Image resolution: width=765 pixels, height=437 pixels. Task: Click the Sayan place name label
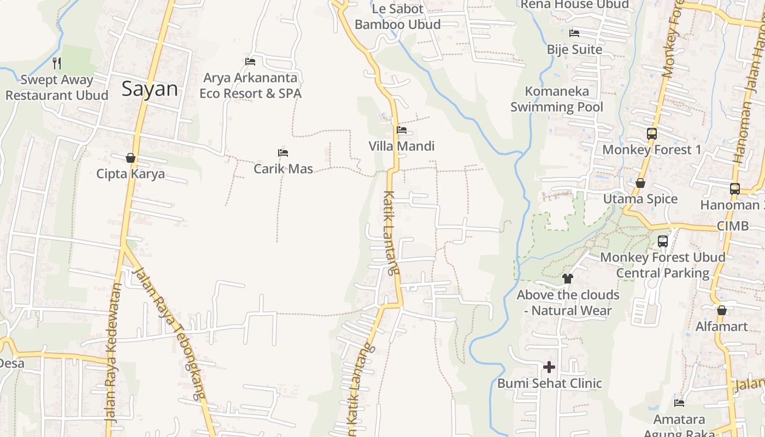(x=150, y=88)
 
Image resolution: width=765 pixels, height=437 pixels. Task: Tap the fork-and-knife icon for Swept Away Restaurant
(x=57, y=63)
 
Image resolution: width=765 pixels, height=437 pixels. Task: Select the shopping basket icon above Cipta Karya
(x=131, y=158)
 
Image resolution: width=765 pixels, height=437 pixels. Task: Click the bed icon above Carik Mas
(x=283, y=153)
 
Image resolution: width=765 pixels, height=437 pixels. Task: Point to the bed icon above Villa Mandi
(x=402, y=130)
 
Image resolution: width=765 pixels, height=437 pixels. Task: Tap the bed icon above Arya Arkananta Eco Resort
(x=250, y=62)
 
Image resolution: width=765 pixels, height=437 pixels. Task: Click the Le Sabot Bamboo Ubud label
(x=397, y=16)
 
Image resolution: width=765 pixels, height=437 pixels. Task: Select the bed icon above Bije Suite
(x=574, y=33)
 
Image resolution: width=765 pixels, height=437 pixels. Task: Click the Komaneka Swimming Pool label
(x=557, y=99)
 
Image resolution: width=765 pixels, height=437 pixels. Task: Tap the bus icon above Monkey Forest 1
(x=651, y=133)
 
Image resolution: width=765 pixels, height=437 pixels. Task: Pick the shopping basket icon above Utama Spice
(x=640, y=183)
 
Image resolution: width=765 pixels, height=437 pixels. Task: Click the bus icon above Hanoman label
(x=735, y=189)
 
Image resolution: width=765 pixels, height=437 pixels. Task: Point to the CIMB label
(x=733, y=225)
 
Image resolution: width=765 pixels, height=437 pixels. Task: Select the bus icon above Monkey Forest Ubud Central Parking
(x=663, y=241)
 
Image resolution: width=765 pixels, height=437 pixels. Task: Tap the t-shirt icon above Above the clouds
(x=568, y=279)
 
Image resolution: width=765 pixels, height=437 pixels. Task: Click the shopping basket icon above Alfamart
(x=722, y=310)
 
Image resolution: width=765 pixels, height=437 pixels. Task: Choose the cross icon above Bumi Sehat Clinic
(x=549, y=367)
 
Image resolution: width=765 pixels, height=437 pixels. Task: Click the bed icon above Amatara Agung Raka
(x=679, y=403)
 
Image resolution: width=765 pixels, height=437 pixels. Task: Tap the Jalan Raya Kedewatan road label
(x=113, y=352)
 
